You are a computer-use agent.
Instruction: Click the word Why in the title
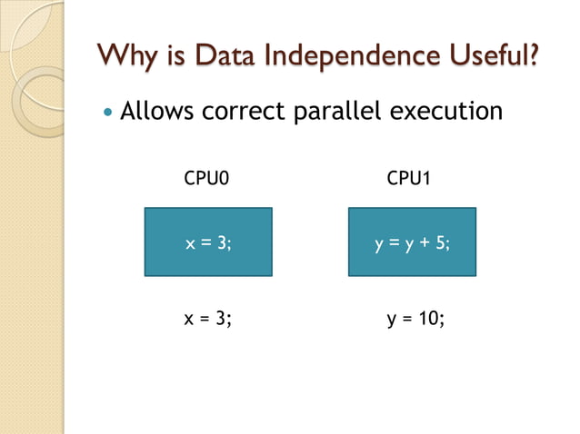tap(125, 55)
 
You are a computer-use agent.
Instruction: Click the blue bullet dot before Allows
tap(108, 113)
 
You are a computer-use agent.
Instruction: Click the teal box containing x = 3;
tap(208, 242)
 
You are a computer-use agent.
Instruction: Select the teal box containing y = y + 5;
tap(412, 242)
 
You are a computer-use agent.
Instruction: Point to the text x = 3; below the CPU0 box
tap(208, 319)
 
